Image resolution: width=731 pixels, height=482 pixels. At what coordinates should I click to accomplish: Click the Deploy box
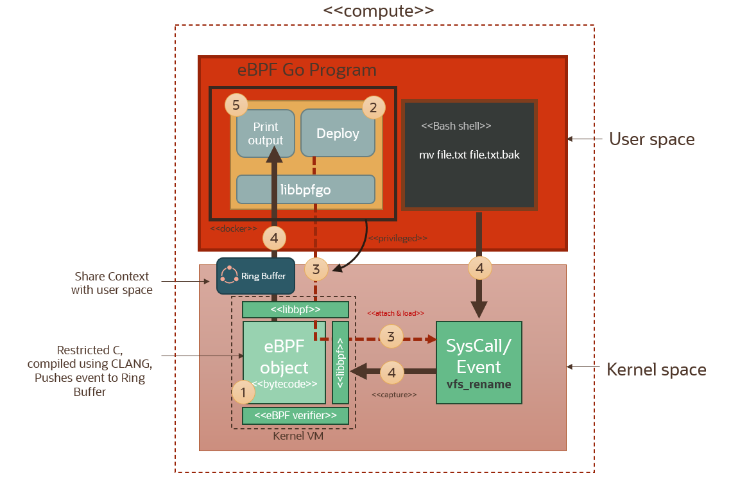point(338,133)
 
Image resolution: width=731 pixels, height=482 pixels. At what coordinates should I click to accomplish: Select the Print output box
point(266,133)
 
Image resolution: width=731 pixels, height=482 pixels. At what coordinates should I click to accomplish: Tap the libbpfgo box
point(305,189)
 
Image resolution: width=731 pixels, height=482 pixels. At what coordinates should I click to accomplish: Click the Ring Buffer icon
point(229,275)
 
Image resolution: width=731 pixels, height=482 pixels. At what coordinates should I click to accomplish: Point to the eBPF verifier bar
point(295,416)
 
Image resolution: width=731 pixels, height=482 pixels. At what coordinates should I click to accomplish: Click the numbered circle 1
point(243,391)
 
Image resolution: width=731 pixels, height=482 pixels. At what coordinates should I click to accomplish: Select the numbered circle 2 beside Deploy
point(374,108)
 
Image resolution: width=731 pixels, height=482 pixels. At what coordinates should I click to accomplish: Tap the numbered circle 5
point(236,105)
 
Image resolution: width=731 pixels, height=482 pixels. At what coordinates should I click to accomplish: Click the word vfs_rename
point(479,384)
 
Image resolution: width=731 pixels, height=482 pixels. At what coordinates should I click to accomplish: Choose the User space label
point(651,139)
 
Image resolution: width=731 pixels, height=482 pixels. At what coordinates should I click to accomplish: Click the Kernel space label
point(657,370)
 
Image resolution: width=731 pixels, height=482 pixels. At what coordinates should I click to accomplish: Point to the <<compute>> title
point(379,10)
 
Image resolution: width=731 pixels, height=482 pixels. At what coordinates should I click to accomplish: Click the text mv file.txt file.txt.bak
point(469,155)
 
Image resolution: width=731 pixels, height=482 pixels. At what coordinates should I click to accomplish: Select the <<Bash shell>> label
point(456,126)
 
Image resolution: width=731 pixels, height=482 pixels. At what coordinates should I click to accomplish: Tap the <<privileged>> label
point(399,238)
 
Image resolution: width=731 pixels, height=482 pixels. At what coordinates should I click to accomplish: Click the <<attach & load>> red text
point(395,313)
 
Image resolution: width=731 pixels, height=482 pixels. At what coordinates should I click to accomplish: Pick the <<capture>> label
point(394,395)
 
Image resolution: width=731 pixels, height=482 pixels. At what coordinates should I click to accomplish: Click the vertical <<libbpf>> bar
point(340,361)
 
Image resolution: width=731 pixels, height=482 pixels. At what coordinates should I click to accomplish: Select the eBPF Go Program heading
point(307,70)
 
